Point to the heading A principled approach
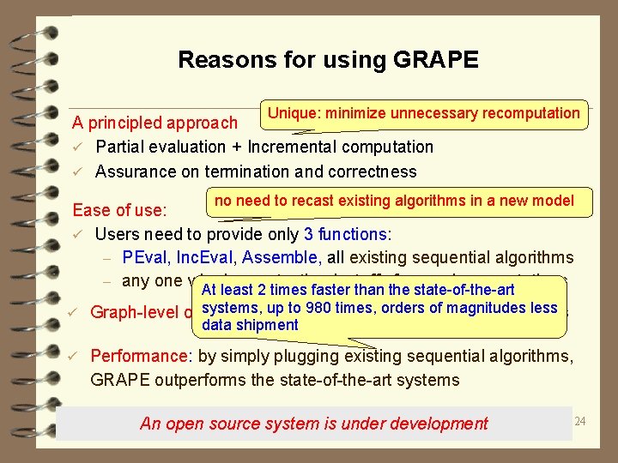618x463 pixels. [x=154, y=124]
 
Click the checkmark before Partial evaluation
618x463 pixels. [x=77, y=147]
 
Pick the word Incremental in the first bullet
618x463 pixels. [x=289, y=147]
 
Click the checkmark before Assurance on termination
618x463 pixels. [x=77, y=171]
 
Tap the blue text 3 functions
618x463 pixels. [x=345, y=234]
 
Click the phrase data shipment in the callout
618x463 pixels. [x=250, y=325]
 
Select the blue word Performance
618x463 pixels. [x=139, y=356]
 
